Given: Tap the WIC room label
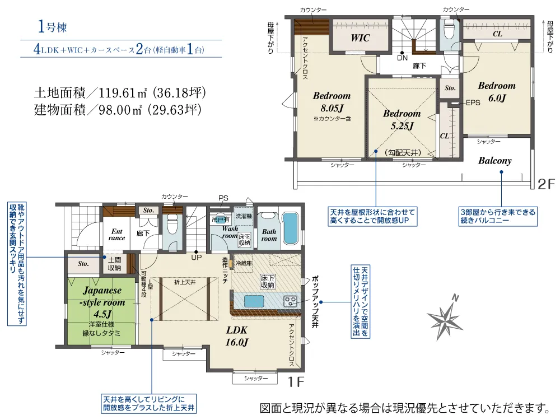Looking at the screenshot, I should (361, 38).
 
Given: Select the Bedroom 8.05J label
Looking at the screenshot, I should (332, 101).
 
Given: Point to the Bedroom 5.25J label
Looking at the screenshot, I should (402, 119).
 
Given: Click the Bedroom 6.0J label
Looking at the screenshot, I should (496, 92).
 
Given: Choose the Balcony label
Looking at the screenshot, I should (494, 161).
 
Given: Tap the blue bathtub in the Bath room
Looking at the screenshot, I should (290, 228).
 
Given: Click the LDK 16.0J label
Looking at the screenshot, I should (237, 335).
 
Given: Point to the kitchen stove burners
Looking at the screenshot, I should (291, 301).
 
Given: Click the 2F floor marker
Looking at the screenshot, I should (545, 183).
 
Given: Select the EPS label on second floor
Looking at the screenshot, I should (473, 103).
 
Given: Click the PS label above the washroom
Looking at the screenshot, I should (223, 198).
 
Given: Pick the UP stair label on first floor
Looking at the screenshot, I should (197, 258).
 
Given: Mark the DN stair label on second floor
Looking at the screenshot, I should (402, 58).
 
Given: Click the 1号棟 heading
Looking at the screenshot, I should (53, 27).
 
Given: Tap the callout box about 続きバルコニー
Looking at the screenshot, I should (497, 216).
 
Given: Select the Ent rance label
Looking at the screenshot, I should (116, 234).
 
